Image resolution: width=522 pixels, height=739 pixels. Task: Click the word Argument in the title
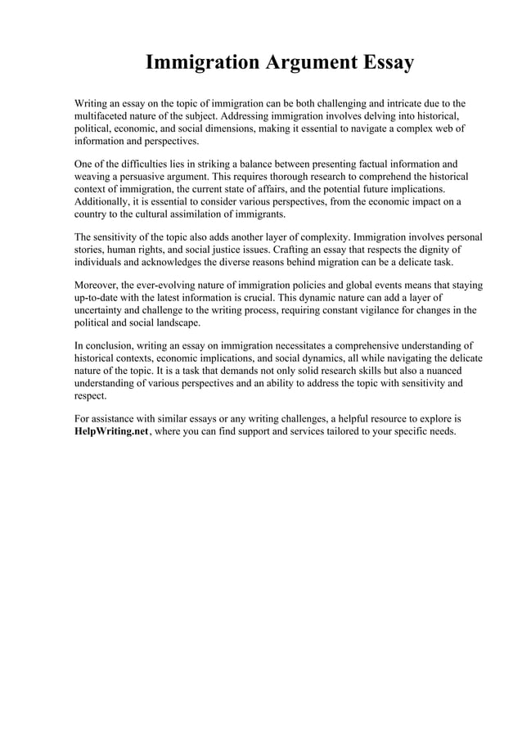point(309,63)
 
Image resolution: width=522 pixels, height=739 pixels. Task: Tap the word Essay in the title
point(384,63)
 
